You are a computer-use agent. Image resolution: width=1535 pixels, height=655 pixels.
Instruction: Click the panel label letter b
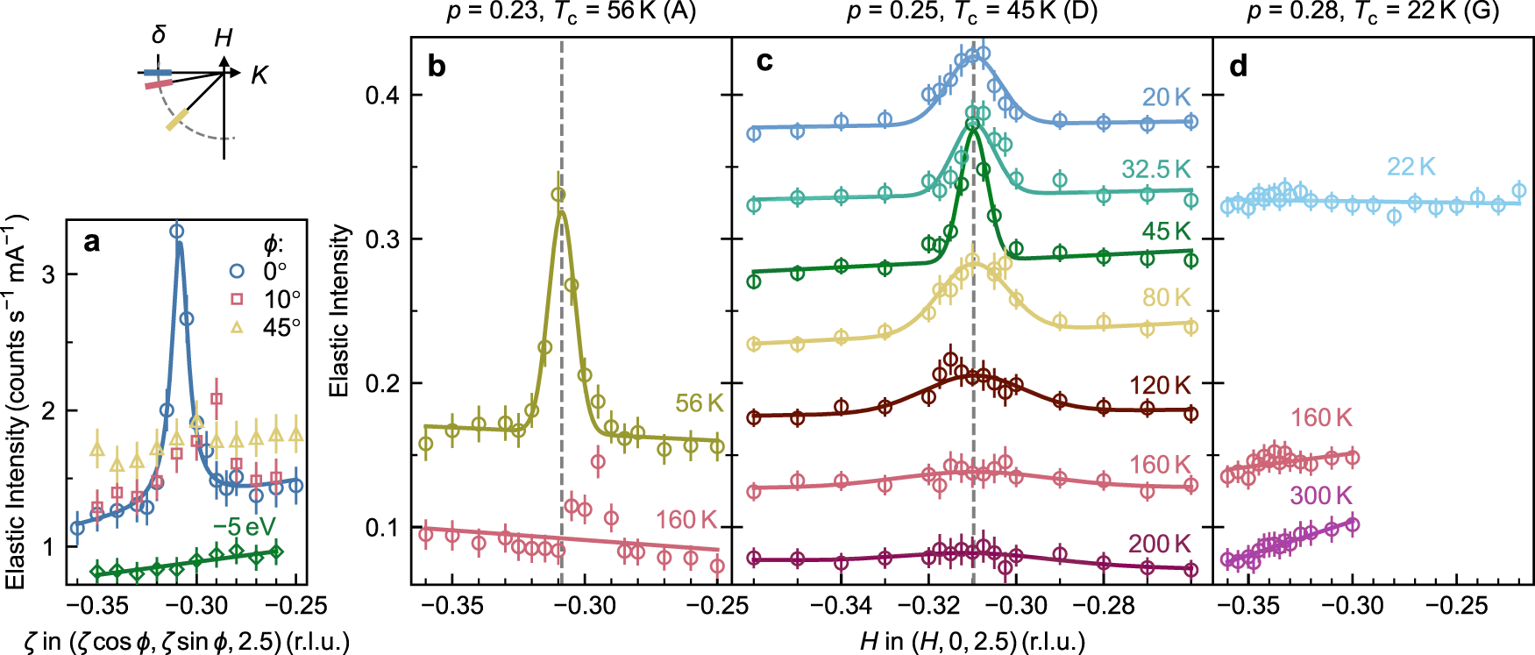click(x=437, y=67)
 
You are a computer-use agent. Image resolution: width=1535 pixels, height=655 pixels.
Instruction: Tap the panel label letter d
click(x=1239, y=67)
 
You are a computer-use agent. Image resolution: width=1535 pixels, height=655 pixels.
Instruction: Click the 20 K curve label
click(x=1166, y=97)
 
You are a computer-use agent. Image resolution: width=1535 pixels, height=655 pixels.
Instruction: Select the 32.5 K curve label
click(x=1156, y=169)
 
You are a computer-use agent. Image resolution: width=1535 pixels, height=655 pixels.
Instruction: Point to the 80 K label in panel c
click(x=1166, y=297)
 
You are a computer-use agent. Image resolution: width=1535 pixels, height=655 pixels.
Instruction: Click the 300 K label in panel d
click(x=1320, y=495)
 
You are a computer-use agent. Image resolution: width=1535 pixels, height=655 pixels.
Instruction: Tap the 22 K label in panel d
click(x=1411, y=167)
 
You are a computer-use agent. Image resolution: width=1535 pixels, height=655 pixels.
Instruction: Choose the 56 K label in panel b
click(x=699, y=403)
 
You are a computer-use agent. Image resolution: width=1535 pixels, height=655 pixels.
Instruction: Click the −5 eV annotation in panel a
click(x=245, y=527)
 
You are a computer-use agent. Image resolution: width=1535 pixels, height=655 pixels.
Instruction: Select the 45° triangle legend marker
click(x=237, y=327)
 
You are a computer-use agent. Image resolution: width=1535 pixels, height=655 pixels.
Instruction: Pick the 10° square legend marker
click(x=237, y=299)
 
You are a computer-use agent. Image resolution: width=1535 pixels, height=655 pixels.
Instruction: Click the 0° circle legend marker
click(x=237, y=271)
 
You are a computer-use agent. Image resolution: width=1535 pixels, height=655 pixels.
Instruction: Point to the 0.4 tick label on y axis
click(x=382, y=95)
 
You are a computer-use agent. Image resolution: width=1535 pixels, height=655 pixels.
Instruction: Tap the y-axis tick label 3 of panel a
click(x=48, y=274)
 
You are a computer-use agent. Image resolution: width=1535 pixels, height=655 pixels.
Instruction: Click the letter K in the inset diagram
click(x=259, y=75)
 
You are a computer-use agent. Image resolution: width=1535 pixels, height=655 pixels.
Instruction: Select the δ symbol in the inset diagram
click(x=159, y=35)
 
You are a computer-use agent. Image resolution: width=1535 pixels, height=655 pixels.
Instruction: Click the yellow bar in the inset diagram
click(x=178, y=118)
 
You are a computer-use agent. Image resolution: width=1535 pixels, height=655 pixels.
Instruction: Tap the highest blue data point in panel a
click(x=176, y=231)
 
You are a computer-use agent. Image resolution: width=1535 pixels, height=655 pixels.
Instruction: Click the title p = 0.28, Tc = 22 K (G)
click(x=1373, y=12)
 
